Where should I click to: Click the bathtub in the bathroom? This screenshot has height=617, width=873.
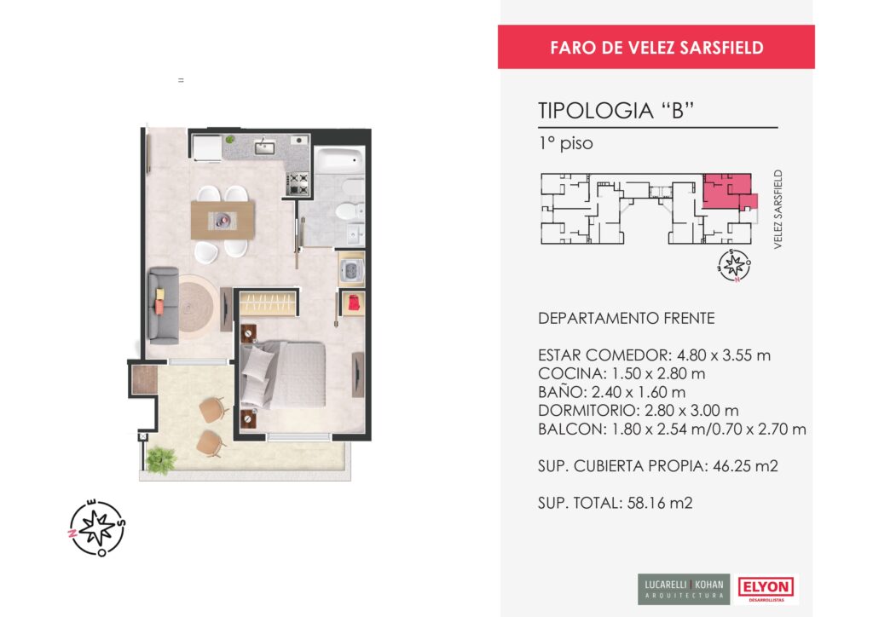[339, 159]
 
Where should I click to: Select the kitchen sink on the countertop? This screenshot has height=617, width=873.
[264, 147]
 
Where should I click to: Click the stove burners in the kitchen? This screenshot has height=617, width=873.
[298, 184]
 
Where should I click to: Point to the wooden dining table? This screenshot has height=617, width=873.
[223, 221]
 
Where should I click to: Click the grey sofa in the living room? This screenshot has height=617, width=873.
[164, 305]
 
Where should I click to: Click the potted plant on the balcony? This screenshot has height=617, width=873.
[161, 460]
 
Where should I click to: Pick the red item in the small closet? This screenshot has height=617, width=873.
[354, 303]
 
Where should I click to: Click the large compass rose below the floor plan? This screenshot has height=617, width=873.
[97, 528]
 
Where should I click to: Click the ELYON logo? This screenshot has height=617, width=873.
[766, 589]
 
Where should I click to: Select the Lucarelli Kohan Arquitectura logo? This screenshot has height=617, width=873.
[684, 589]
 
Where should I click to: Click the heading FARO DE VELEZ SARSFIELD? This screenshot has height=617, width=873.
[656, 47]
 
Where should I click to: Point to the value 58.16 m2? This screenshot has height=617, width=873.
[660, 503]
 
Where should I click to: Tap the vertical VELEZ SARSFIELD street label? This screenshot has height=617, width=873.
[778, 209]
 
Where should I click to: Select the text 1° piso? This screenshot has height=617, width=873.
[566, 144]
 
